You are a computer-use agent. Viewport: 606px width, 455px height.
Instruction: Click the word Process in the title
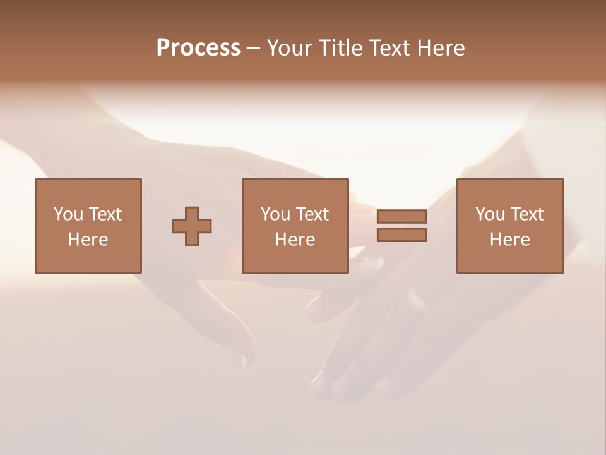tap(198, 48)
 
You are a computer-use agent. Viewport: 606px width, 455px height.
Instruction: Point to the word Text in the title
tap(390, 48)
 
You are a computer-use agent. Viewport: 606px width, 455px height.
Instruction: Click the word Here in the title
tap(441, 48)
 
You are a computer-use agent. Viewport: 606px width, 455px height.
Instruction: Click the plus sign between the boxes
tap(192, 226)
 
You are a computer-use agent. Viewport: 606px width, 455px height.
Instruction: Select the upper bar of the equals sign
tap(401, 216)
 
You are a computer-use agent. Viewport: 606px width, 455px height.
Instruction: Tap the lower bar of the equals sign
tap(401, 235)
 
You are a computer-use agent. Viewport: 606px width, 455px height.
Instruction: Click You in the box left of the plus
tap(68, 214)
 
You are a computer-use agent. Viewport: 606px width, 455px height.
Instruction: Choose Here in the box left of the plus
tap(88, 240)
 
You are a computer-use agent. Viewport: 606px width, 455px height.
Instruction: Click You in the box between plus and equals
tap(275, 214)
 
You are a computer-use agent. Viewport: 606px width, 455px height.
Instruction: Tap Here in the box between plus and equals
tap(295, 240)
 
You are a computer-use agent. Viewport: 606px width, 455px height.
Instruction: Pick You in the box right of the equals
tap(490, 214)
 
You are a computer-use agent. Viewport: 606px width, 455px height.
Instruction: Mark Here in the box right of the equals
tap(509, 240)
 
